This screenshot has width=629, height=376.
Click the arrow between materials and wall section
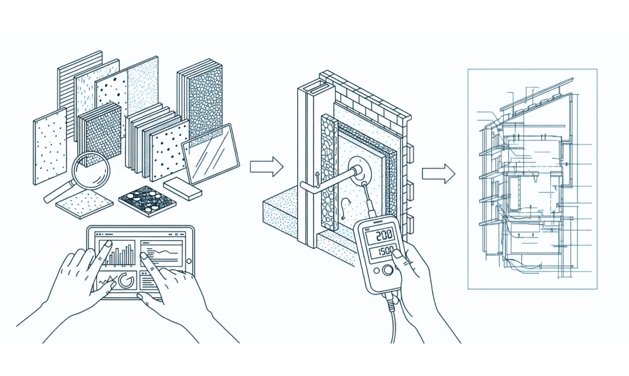pyautogui.click(x=266, y=166)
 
